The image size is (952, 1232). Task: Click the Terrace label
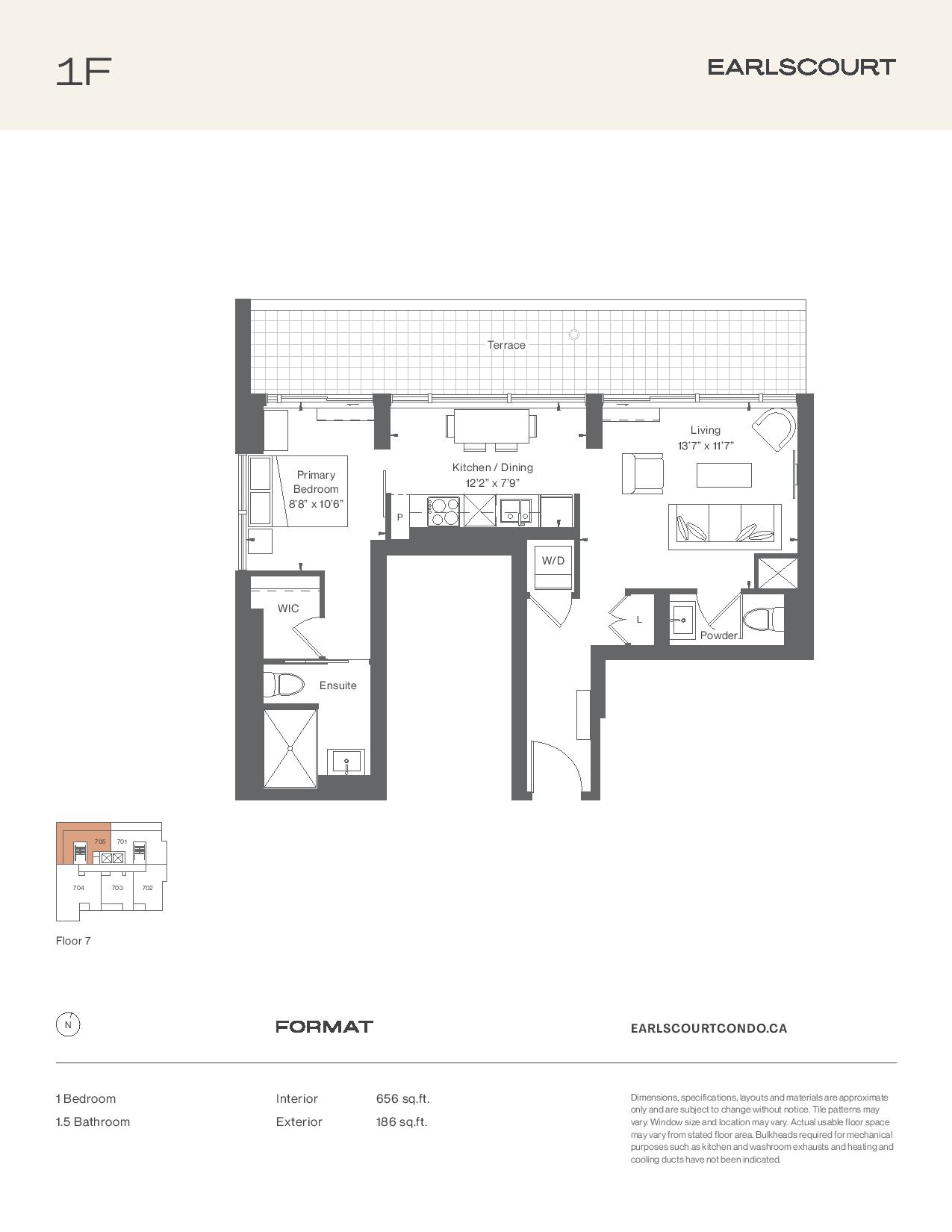point(506,345)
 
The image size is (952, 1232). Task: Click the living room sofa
point(724,526)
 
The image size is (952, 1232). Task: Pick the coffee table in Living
point(724,475)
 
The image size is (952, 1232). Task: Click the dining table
point(492,426)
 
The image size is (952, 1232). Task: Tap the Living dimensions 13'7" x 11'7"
point(706,446)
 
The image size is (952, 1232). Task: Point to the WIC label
point(288,609)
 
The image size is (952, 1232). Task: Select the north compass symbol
point(68,1025)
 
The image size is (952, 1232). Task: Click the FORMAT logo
point(324,1027)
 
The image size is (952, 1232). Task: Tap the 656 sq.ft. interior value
point(402,1099)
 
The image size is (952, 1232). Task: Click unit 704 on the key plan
point(78,888)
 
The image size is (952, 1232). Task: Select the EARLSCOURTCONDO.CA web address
point(709,1028)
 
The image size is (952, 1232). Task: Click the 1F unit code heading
point(84,72)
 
